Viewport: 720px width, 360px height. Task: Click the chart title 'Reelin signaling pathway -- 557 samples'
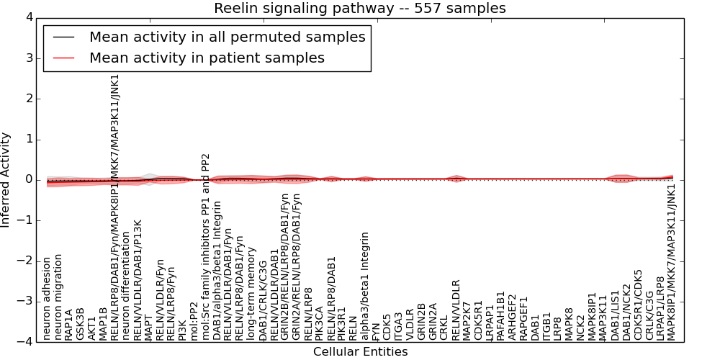point(359,9)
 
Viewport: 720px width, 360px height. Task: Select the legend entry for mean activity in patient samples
point(207,58)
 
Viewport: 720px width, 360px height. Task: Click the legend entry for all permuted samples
point(227,37)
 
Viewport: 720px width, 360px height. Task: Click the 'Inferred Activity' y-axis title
point(6,180)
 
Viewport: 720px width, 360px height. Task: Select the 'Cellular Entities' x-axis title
point(360,352)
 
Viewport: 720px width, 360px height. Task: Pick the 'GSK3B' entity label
point(81,324)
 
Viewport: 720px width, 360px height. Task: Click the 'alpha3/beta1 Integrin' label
point(365,286)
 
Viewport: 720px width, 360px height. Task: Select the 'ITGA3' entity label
point(399,325)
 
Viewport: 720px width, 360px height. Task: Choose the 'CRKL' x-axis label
point(444,326)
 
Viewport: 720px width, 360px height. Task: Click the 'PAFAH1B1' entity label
point(500,317)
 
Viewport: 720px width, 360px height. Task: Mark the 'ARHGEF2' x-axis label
point(512,317)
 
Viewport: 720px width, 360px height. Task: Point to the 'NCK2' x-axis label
point(580,326)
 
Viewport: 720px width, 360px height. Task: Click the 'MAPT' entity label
point(148,326)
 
